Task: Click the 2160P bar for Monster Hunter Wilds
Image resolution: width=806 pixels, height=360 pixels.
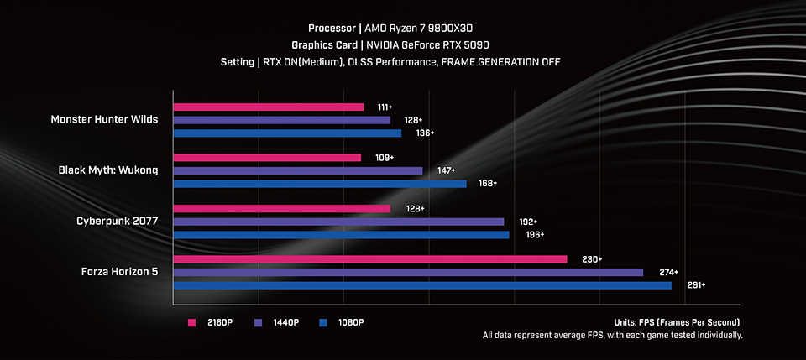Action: pyautogui.click(x=269, y=107)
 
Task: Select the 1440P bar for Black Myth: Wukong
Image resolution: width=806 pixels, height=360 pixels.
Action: pyautogui.click(x=298, y=170)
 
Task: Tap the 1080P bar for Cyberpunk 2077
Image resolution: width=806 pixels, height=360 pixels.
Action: pyautogui.click(x=341, y=235)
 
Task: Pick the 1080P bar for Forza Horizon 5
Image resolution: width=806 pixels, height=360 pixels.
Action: pyautogui.click(x=422, y=285)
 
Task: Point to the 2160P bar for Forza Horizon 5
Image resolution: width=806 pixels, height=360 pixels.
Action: pyautogui.click(x=370, y=259)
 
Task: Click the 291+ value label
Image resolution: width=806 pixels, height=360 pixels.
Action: pyautogui.click(x=696, y=285)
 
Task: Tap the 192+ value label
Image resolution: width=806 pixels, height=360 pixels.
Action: pyautogui.click(x=528, y=222)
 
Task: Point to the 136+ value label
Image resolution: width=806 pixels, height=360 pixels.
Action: pyautogui.click(x=426, y=133)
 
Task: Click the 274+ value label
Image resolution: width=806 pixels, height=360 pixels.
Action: pyautogui.click(x=667, y=272)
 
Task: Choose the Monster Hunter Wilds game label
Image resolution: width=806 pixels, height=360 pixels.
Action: pyautogui.click(x=104, y=120)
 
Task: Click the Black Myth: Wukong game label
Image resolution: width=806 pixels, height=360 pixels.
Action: pyautogui.click(x=108, y=170)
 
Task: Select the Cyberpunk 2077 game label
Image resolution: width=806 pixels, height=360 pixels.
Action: pyautogui.click(x=117, y=222)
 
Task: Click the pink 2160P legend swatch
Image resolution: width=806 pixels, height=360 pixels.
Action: pyautogui.click(x=191, y=322)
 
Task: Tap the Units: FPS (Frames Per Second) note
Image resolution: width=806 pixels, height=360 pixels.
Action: pyautogui.click(x=677, y=322)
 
